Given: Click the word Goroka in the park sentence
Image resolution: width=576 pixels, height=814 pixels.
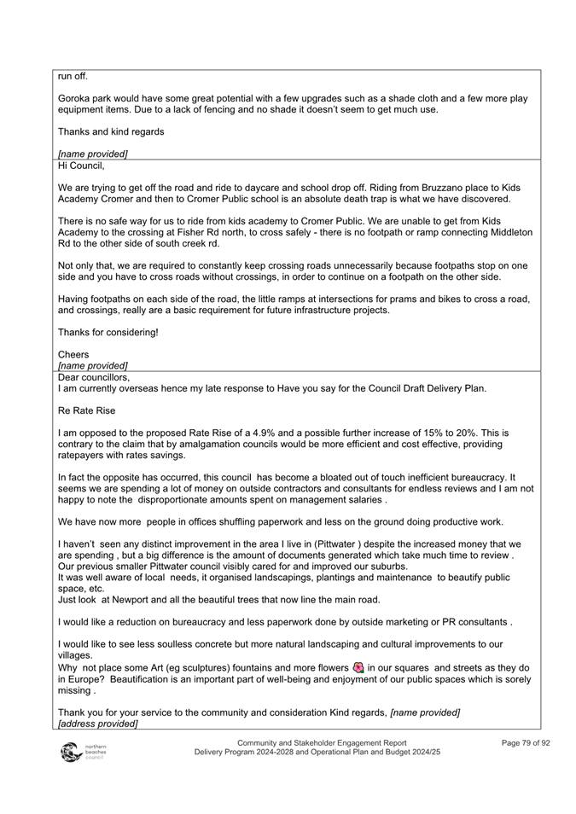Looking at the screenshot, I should [76, 99].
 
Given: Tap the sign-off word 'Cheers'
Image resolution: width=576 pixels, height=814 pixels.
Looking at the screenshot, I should [73, 353].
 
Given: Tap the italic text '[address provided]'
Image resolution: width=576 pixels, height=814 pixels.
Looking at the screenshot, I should [97, 724].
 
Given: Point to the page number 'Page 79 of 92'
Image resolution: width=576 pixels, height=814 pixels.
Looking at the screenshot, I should [525, 743].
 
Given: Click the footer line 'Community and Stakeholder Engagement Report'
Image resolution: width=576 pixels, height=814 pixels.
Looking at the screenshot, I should [322, 743].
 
